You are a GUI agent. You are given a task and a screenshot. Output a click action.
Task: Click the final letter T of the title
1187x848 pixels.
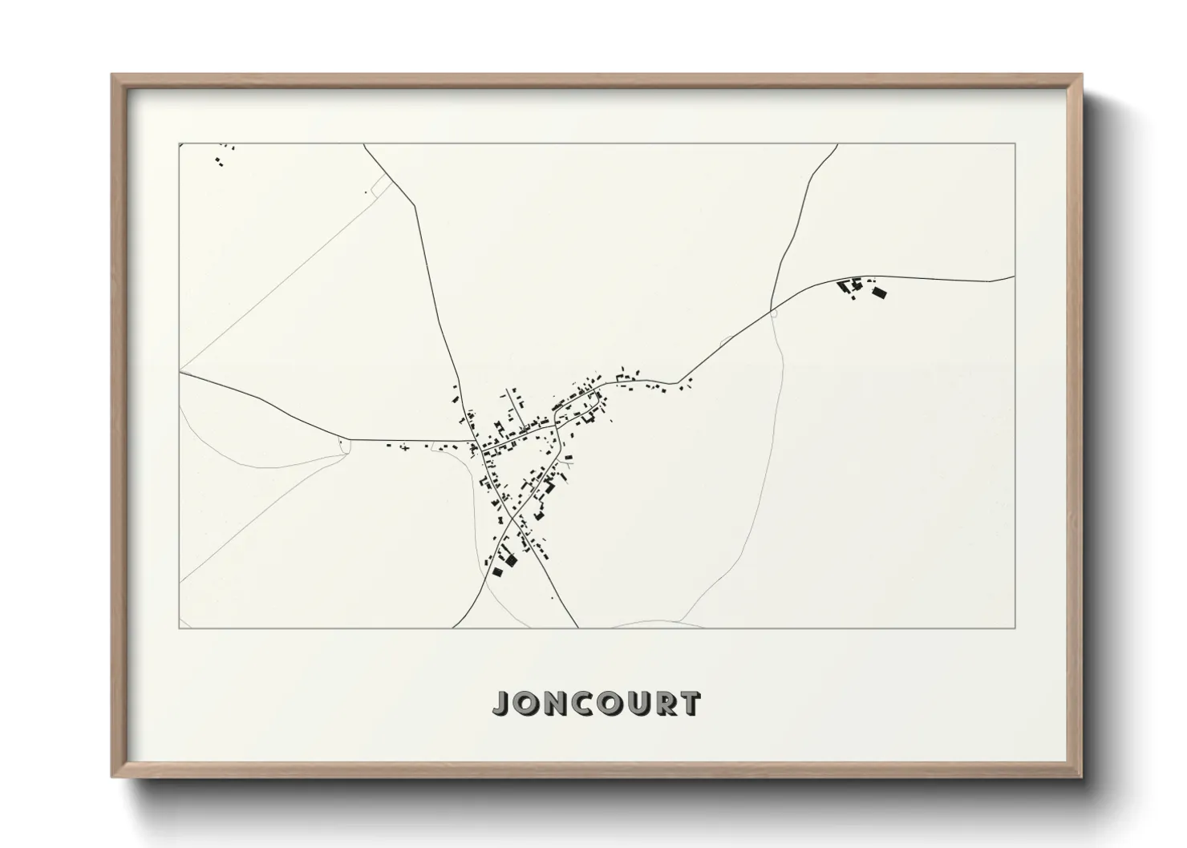click(691, 704)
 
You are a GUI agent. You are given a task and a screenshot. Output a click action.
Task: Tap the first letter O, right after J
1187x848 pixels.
click(528, 704)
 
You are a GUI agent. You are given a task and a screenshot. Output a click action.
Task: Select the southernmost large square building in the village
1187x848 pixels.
click(511, 560)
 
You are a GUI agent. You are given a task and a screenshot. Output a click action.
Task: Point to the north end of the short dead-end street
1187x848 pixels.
click(505, 390)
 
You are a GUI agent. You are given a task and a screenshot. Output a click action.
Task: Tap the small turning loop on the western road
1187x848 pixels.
click(345, 446)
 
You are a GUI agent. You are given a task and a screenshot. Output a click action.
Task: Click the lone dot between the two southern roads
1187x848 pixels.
click(552, 598)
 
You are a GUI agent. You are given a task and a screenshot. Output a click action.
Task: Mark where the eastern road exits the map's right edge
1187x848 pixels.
click(1015, 277)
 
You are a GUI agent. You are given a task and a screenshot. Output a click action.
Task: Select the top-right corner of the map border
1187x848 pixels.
click(1015, 143)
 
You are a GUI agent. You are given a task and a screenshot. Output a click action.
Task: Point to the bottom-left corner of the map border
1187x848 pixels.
click(179, 628)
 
